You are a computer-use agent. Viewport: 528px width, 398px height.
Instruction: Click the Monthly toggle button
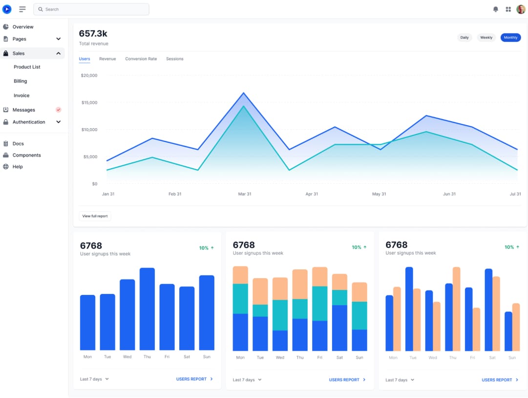tap(510, 38)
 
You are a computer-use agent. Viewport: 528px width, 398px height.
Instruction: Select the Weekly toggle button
tap(486, 38)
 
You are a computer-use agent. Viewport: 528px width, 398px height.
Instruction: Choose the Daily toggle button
tap(464, 38)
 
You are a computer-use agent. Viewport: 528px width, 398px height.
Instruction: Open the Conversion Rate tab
tap(141, 59)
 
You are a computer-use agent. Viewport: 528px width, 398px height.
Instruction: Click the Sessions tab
tap(174, 59)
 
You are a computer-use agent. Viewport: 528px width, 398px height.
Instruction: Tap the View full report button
tap(95, 216)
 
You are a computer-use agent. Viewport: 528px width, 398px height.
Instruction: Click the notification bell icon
tap(496, 9)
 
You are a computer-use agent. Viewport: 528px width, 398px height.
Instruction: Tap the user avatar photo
tap(521, 9)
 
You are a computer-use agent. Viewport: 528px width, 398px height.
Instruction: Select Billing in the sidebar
tap(21, 81)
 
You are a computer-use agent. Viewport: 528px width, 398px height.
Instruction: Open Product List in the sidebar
tap(27, 67)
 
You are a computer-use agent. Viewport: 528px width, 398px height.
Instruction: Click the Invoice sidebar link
tap(21, 95)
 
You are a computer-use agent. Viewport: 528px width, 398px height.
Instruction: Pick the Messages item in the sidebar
tap(24, 110)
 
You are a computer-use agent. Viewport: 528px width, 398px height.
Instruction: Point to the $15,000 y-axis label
tap(89, 103)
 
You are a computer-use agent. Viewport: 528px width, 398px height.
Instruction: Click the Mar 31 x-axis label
tap(244, 194)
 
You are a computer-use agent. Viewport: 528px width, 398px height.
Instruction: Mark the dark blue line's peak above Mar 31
tap(243, 93)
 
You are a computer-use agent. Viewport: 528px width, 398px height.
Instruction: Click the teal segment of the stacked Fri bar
tap(319, 303)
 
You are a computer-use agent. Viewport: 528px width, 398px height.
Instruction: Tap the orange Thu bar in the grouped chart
tap(457, 308)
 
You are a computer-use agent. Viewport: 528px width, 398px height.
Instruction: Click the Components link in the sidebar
tap(26, 155)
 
